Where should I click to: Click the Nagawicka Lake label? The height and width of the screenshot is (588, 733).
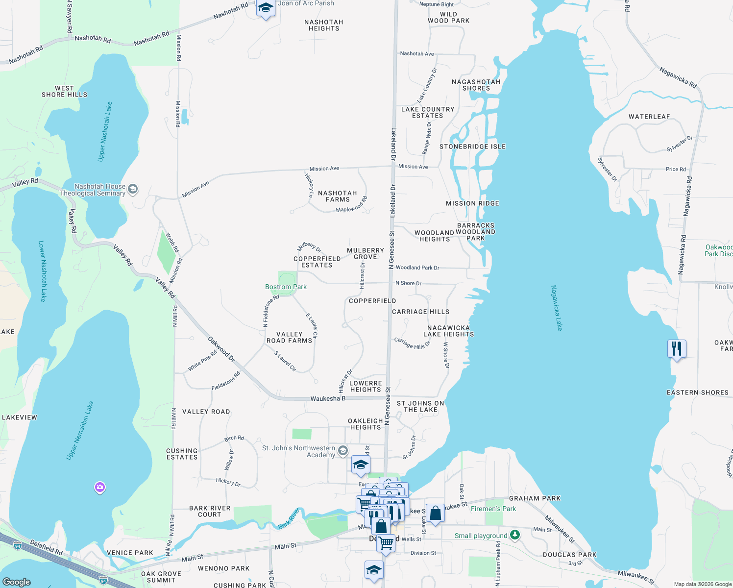click(557, 308)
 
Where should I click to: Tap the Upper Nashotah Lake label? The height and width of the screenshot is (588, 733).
click(105, 131)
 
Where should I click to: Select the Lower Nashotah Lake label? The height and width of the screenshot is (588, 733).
click(42, 270)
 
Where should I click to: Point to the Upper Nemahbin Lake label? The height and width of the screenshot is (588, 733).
click(80, 431)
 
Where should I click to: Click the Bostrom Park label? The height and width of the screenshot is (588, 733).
click(286, 287)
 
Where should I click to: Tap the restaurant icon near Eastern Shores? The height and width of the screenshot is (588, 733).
click(677, 349)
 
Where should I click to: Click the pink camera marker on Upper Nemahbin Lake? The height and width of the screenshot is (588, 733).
click(100, 487)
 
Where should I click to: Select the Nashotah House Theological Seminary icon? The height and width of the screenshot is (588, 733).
click(133, 189)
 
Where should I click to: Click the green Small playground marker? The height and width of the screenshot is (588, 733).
click(514, 535)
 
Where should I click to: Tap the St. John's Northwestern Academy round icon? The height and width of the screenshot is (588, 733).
click(343, 450)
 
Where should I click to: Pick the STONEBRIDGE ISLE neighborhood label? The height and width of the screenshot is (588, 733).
click(472, 147)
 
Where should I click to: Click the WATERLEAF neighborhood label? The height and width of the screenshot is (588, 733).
click(649, 117)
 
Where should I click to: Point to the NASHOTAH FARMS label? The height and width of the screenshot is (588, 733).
click(338, 196)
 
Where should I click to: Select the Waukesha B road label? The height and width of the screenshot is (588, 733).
click(328, 398)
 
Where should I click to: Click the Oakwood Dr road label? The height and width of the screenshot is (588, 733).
click(221, 349)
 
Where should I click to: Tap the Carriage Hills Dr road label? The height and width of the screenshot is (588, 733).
click(412, 343)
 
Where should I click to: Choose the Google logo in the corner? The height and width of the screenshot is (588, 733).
click(17, 582)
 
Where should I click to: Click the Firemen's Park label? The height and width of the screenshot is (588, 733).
click(493, 509)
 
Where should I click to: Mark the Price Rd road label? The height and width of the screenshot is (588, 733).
click(676, 169)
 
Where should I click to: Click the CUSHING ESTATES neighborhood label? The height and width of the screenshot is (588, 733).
click(182, 454)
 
